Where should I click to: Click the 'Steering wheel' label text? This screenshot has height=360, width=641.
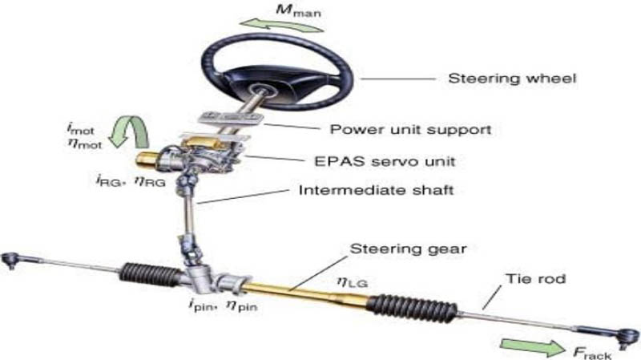click(512, 78)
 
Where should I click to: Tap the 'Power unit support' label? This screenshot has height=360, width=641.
click(410, 130)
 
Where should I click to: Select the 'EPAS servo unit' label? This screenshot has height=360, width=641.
click(385, 161)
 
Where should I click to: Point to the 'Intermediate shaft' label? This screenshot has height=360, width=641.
click(376, 190)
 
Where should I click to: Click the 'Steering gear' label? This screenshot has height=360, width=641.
click(408, 249)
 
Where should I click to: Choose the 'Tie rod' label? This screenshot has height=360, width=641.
click(535, 279)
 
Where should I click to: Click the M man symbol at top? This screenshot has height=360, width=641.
click(298, 10)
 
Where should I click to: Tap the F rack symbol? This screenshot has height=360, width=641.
click(592, 353)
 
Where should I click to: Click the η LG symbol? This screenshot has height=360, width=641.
click(352, 282)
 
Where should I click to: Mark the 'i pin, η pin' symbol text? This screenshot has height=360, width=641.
click(224, 305)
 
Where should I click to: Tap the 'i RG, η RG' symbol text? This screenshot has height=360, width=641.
click(131, 181)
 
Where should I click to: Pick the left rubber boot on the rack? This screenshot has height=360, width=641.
click(151, 273)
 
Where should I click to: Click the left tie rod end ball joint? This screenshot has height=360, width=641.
click(10, 261)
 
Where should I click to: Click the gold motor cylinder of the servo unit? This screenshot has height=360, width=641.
click(147, 159)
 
